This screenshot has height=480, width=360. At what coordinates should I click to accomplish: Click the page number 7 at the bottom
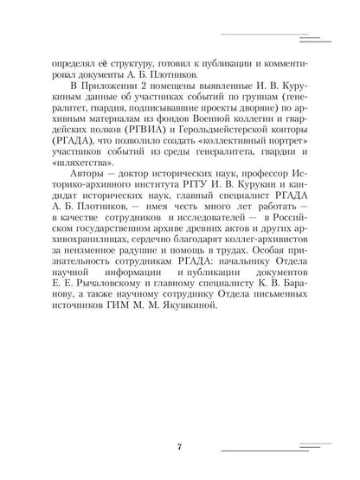pyautogui.click(x=179, y=446)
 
